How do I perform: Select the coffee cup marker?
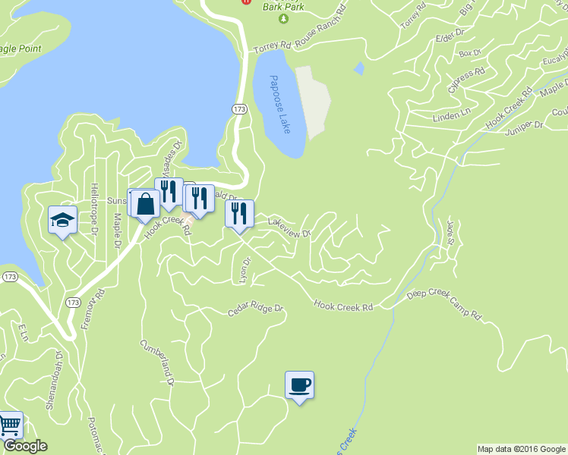point(299,385)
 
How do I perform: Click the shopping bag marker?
point(144,203)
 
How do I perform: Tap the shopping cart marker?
point(9,425)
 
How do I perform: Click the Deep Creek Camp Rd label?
point(444,304)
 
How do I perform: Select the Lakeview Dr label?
point(290,227)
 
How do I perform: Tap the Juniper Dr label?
point(525,127)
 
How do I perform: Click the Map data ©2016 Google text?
point(521,449)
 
